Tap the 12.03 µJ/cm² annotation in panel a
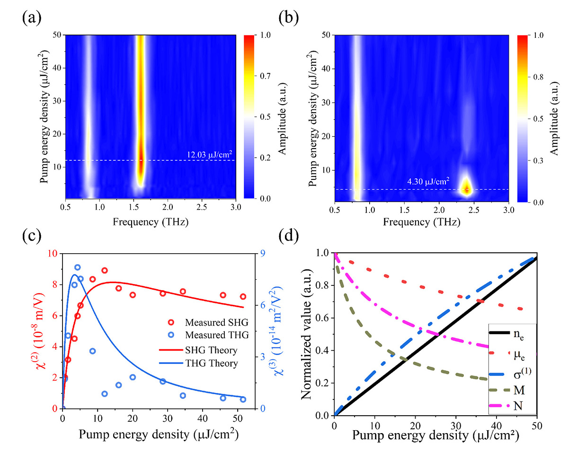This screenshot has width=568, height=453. pos(208,154)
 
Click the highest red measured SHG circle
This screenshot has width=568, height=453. pos(105,270)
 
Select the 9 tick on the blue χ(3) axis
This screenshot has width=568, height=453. pos(261,253)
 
